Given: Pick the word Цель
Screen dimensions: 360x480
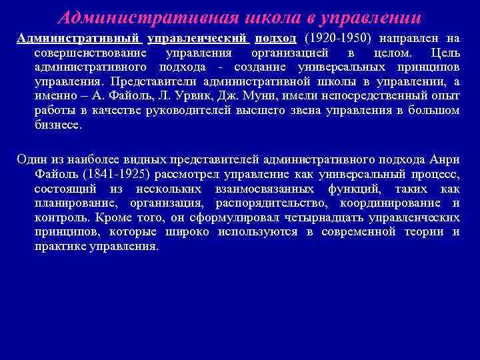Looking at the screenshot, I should (x=445, y=52).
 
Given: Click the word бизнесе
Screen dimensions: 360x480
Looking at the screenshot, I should (x=59, y=125).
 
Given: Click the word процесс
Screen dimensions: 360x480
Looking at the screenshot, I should (x=434, y=173).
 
